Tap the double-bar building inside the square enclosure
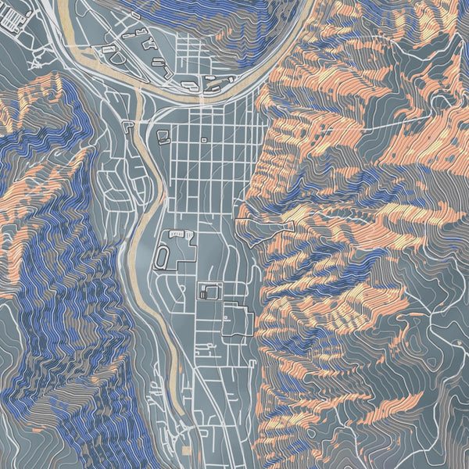pyautogui.click(x=205, y=294)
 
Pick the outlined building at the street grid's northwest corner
pyautogui.click(x=163, y=138)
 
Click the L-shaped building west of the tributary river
pyautogui.click(x=127, y=124)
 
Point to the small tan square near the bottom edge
pyautogui.click(x=186, y=452)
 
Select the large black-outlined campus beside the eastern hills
pyautogui.click(x=238, y=320)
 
